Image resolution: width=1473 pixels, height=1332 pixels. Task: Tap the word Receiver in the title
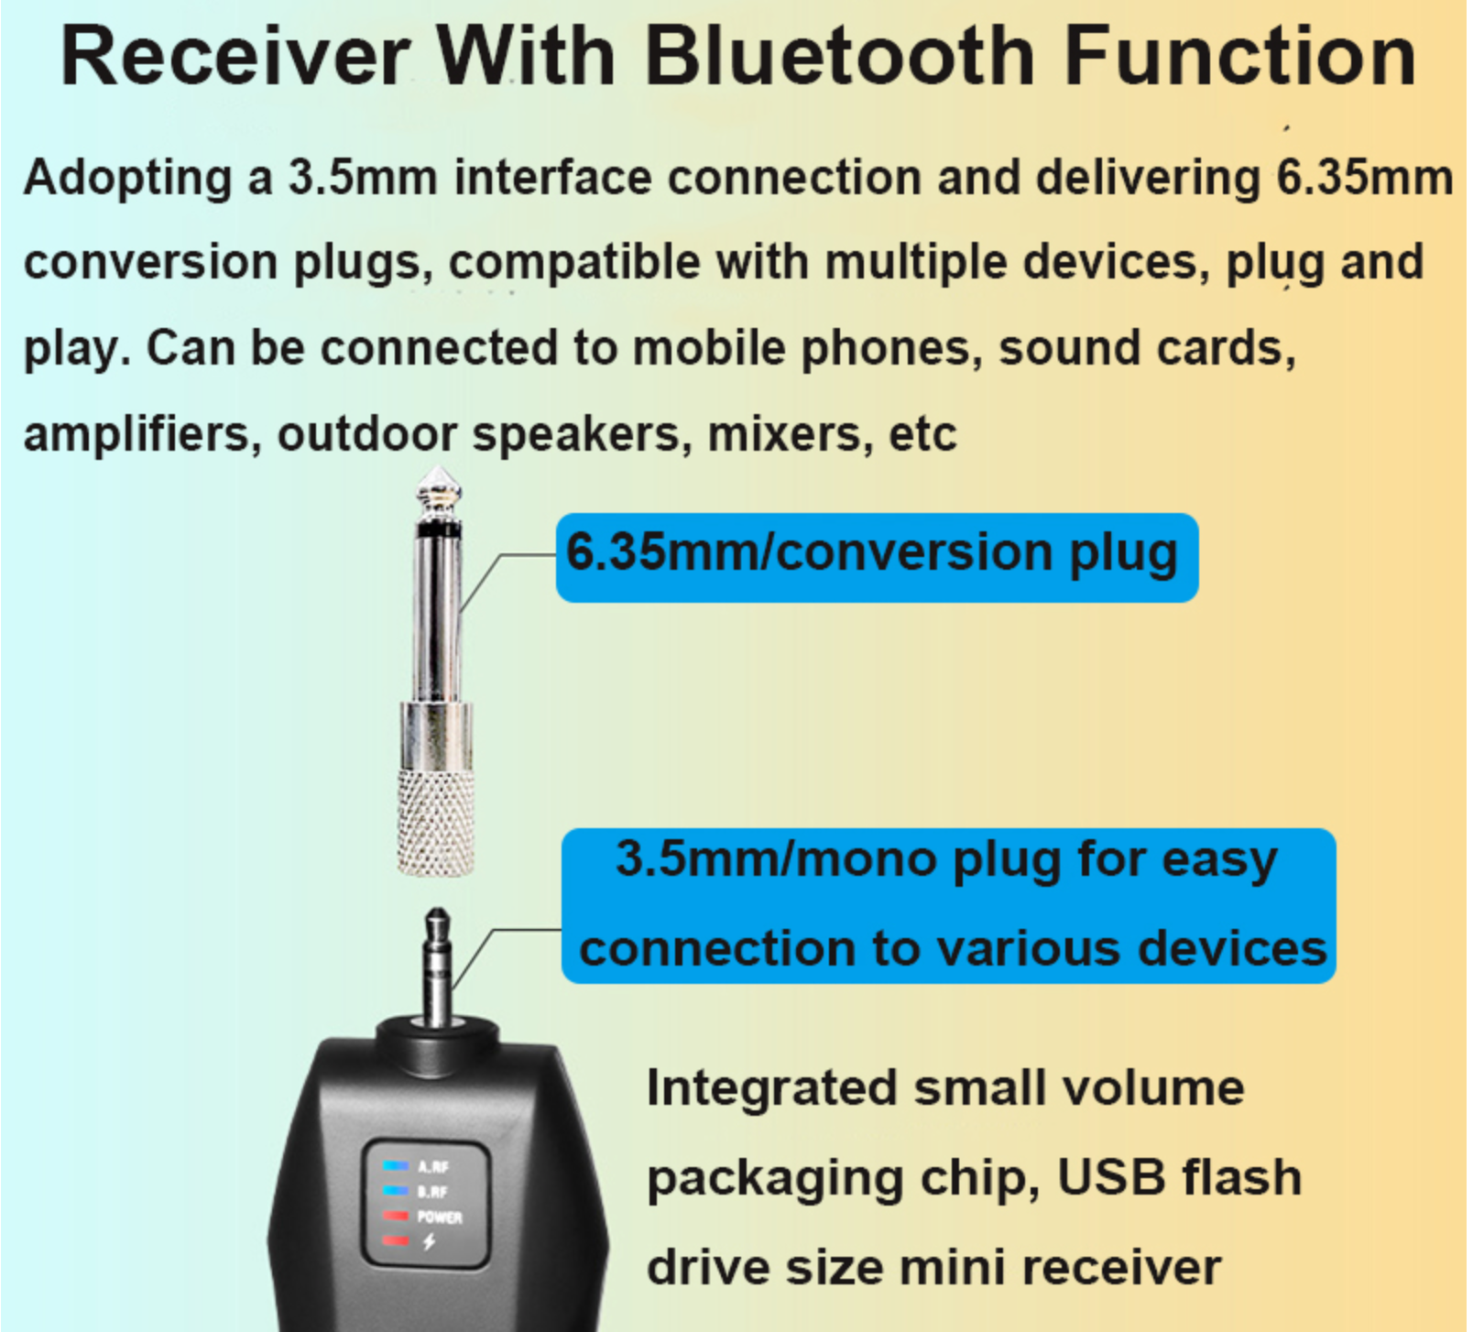[234, 56]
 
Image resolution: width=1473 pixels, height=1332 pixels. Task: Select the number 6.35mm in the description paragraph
[1364, 177]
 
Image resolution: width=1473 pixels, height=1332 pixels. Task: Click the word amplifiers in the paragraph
[136, 433]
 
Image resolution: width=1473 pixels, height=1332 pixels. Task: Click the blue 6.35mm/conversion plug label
[877, 557]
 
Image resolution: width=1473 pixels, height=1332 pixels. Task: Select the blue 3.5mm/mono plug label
[948, 905]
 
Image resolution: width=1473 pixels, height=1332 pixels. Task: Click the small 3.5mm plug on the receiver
[437, 966]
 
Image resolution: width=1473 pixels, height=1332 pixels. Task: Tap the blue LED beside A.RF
[396, 1165]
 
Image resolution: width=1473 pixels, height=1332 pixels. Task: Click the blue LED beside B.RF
[396, 1190]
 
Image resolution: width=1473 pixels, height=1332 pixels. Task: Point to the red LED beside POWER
[396, 1216]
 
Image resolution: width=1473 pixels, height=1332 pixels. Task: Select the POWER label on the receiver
[440, 1217]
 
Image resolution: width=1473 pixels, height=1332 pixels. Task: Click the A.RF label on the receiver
[433, 1166]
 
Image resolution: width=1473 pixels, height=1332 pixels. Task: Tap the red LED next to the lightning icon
[396, 1240]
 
